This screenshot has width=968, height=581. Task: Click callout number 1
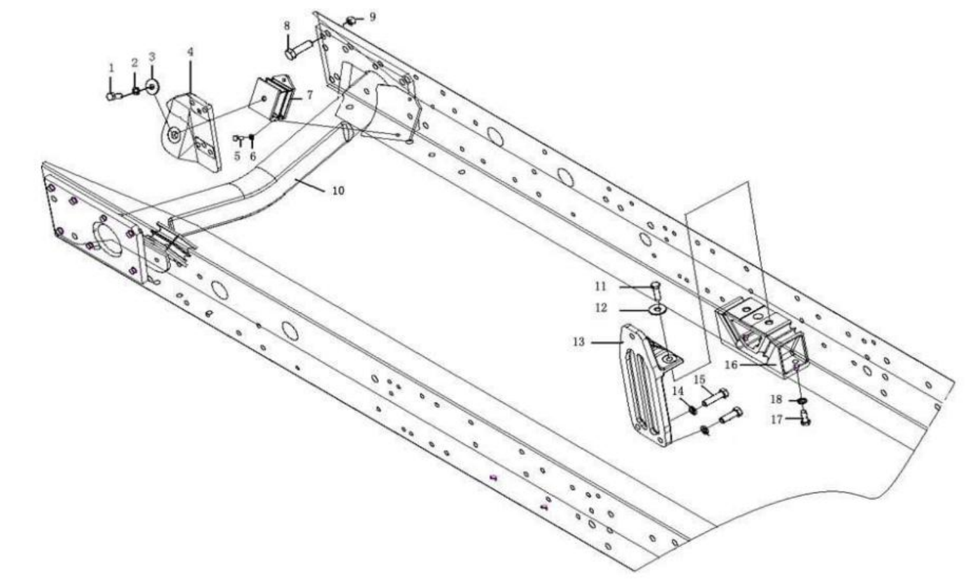pos(111,67)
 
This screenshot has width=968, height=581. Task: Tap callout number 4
pos(190,51)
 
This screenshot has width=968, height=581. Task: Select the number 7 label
pos(310,95)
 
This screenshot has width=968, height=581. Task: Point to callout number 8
pos(287,26)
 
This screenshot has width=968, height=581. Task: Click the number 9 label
pos(372,16)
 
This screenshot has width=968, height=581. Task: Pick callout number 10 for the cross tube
pos(338,190)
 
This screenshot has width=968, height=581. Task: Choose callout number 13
pos(578,342)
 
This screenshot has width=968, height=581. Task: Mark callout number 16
pos(730,365)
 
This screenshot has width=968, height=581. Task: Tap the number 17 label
pos(776,419)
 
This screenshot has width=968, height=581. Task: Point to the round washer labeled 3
pos(152,87)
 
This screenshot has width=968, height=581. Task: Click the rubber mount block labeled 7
pos(276,99)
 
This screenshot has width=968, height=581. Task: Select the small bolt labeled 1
pos(113,96)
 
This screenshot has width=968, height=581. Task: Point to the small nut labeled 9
pos(350,22)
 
